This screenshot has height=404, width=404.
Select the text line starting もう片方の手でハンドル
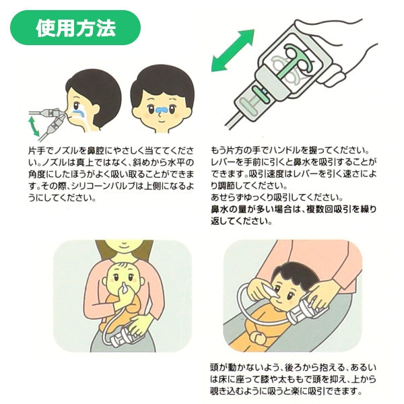[290, 150]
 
